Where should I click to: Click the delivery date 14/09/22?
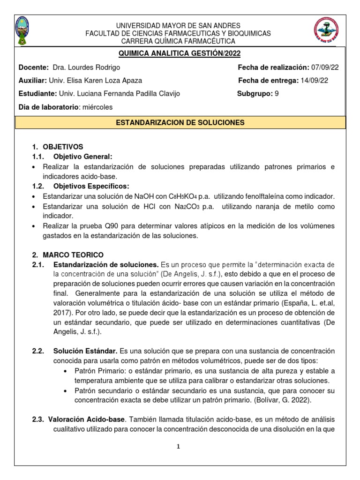pos(314,81)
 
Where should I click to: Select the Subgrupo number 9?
pos(277,94)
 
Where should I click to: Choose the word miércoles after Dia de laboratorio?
pos(97,107)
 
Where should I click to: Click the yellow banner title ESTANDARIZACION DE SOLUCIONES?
pos(180,122)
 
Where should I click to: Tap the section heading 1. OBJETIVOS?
pos(57,147)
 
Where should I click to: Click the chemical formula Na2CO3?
pos(180,206)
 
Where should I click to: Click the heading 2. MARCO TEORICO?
pos(67,255)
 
